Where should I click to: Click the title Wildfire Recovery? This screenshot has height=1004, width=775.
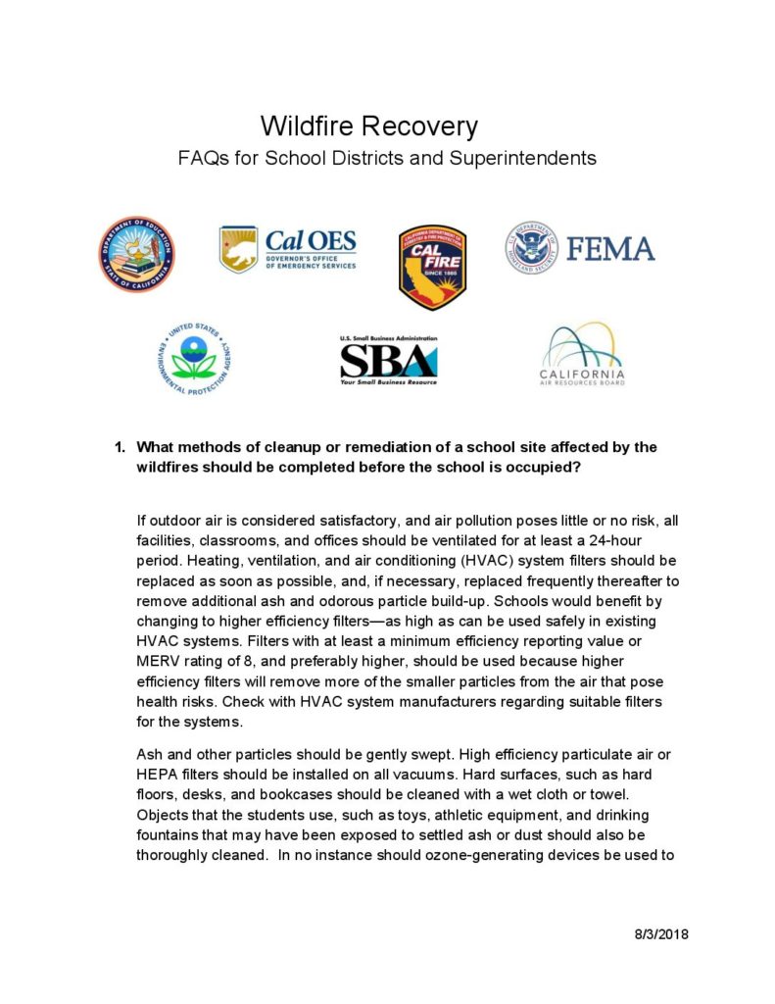pyautogui.click(x=368, y=126)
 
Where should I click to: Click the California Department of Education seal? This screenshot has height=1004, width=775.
pyautogui.click(x=137, y=254)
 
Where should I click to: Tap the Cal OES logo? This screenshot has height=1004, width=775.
pyautogui.click(x=287, y=249)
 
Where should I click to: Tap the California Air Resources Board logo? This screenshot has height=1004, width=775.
pyautogui.click(x=581, y=354)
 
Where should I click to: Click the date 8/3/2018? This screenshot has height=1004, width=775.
pyautogui.click(x=662, y=933)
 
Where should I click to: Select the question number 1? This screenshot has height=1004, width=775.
pyautogui.click(x=120, y=447)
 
